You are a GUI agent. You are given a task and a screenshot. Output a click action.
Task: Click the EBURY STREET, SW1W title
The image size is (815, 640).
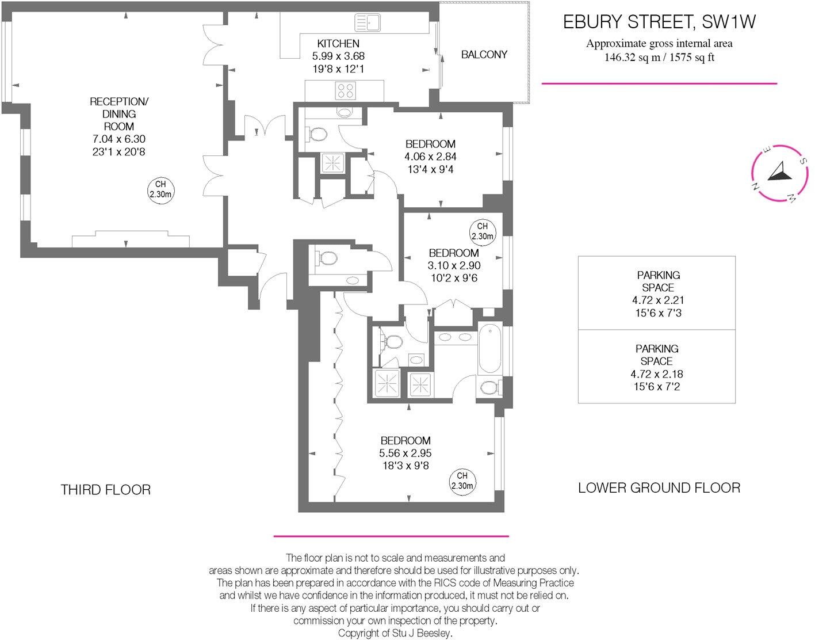pyautogui.click(x=659, y=22)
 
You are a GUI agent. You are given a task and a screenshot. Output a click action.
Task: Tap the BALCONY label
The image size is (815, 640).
pyautogui.click(x=484, y=55)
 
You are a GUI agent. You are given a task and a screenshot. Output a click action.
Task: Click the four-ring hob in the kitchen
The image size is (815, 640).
pyautogui.click(x=346, y=90)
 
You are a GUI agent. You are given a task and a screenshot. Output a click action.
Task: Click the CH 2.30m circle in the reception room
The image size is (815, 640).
pyautogui.click(x=160, y=189)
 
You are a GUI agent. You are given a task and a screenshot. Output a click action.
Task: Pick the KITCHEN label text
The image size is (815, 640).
pyautogui.click(x=338, y=43)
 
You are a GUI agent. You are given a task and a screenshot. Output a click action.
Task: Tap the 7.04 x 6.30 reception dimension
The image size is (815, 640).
pyautogui.click(x=119, y=139)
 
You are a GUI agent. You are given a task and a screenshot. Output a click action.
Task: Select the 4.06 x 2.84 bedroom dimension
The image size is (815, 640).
pyautogui.click(x=430, y=157)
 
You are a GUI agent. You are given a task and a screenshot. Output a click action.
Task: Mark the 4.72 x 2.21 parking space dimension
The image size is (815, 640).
pyautogui.click(x=657, y=300)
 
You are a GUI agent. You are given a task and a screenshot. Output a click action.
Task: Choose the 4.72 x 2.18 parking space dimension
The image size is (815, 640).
pyautogui.click(x=657, y=374)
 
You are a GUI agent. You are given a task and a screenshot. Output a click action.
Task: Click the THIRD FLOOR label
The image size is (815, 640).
pyautogui.click(x=106, y=490)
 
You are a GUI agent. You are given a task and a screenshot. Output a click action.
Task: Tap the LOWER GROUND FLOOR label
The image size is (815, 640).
pyautogui.click(x=659, y=488)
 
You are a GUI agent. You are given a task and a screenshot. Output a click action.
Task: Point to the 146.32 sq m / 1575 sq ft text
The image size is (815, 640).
pyautogui.click(x=659, y=58)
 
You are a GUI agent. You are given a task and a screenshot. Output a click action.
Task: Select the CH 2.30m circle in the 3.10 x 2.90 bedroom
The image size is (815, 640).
pyautogui.click(x=482, y=231)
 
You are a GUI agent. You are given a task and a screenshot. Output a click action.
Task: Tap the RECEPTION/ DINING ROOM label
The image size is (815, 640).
pyautogui.click(x=119, y=114)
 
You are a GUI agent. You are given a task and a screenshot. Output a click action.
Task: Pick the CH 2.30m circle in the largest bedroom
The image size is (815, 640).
pyautogui.click(x=462, y=481)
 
